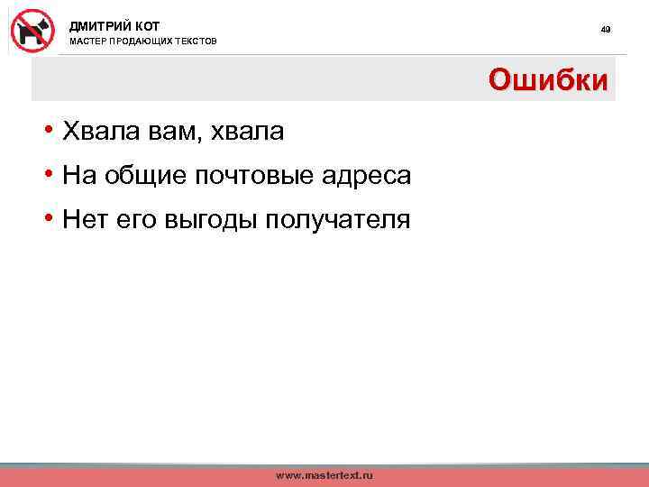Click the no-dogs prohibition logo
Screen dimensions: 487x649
point(32,31)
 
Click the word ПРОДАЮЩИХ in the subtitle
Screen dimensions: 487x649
point(144,41)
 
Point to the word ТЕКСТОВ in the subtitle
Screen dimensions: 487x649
point(197,41)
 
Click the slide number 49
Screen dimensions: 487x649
point(606,30)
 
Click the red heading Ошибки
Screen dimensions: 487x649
point(548,80)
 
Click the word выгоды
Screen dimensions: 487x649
point(210,221)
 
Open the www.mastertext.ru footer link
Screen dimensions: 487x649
point(324,475)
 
